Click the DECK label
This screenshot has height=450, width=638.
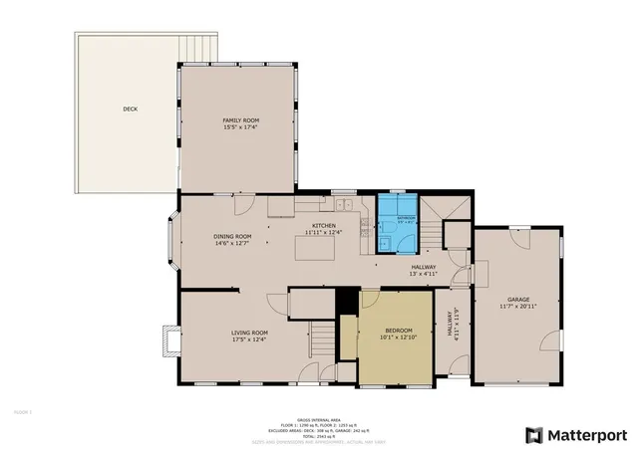131,109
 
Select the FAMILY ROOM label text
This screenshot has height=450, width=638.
239,119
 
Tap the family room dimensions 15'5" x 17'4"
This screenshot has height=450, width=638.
239,127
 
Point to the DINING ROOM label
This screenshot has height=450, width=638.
230,236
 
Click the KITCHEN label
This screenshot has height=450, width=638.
324,226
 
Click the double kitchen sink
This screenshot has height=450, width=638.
346,206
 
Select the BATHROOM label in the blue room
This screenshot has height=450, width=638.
406,216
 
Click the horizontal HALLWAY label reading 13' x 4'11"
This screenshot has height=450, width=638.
426,270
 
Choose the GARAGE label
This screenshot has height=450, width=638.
518,299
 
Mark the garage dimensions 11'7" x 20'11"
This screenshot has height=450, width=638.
518,307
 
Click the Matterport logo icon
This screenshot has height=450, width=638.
534,435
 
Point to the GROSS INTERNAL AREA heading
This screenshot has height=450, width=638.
318,419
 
